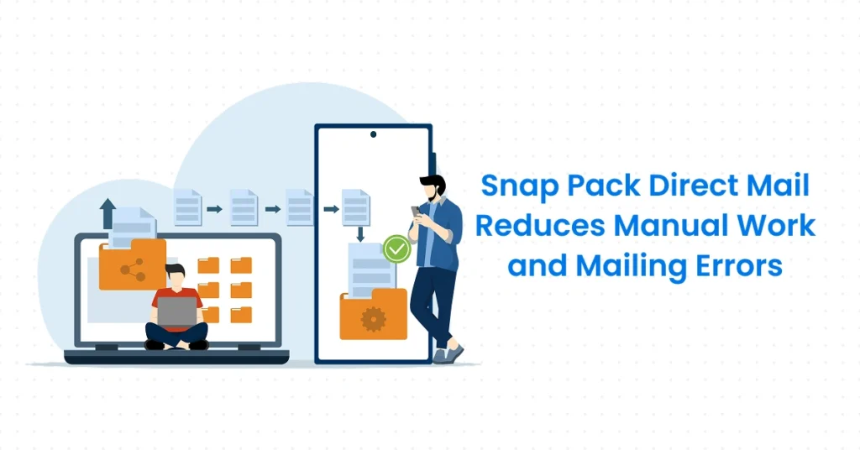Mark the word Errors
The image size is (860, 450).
739,266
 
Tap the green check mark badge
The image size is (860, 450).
396,249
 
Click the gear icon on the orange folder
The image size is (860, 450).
372,318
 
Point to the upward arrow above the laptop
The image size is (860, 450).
107,215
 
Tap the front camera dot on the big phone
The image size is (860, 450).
373,133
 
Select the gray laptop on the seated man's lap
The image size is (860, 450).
176,312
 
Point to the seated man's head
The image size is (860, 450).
175,275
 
